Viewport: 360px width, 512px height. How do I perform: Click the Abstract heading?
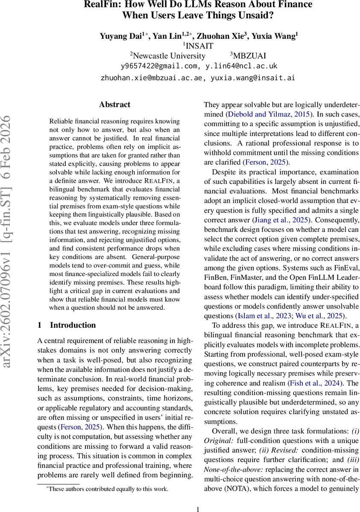tap(114, 105)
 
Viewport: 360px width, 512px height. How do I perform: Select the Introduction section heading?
tap(73, 325)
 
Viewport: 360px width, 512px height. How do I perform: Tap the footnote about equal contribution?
tap(108, 489)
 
